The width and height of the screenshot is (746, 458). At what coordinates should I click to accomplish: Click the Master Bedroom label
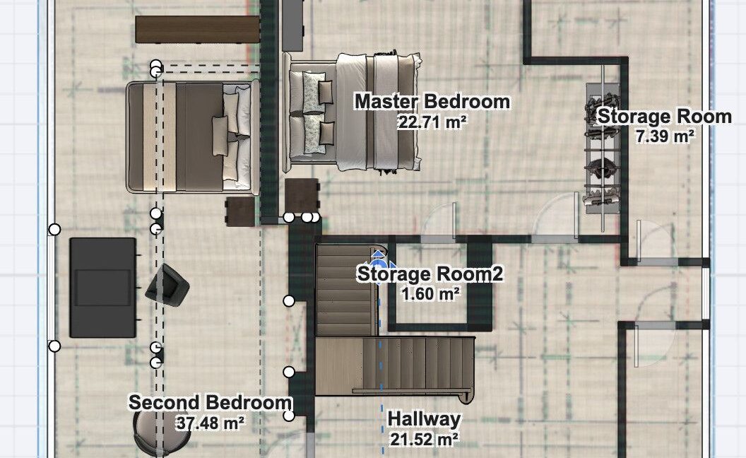pyautogui.click(x=432, y=101)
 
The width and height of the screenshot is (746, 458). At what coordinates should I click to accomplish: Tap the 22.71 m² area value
pyautogui.click(x=432, y=122)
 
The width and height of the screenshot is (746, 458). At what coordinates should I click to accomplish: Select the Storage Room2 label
pyautogui.click(x=430, y=274)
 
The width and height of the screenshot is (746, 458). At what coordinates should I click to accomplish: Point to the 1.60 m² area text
pyautogui.click(x=430, y=294)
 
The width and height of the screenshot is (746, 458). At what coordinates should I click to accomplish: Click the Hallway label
pyautogui.click(x=424, y=419)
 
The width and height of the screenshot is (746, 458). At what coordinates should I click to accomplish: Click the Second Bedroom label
pyautogui.click(x=211, y=402)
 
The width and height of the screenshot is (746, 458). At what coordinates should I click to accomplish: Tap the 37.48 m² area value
pyautogui.click(x=211, y=423)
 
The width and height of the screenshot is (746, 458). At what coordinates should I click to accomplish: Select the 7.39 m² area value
pyautogui.click(x=665, y=136)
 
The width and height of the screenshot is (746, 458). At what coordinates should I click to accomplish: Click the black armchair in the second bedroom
pyautogui.click(x=167, y=286)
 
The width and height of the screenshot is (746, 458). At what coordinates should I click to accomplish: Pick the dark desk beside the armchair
pyautogui.click(x=102, y=288)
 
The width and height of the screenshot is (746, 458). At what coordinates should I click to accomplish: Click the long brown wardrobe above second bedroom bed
pyautogui.click(x=197, y=29)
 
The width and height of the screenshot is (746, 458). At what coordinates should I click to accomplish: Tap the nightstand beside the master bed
pyautogui.click(x=302, y=196)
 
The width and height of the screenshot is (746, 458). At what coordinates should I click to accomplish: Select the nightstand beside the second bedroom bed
pyautogui.click(x=240, y=211)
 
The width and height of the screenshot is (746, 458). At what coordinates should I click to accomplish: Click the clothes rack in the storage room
pyautogui.click(x=603, y=148)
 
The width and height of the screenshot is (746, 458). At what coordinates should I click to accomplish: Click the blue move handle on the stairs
pyautogui.click(x=378, y=266)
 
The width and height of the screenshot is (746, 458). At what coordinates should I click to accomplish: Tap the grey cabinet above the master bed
pyautogui.click(x=293, y=25)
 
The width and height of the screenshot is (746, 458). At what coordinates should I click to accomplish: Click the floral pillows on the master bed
pyautogui.click(x=314, y=113)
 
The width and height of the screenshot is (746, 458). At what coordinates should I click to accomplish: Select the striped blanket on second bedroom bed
pyautogui.click(x=160, y=137)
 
